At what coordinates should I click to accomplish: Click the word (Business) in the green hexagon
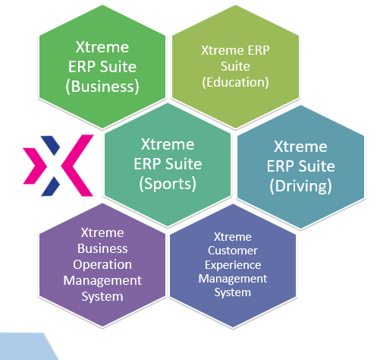[x=102, y=87]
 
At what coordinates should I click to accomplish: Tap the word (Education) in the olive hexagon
[x=235, y=82]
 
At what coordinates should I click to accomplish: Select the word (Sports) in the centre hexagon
[x=168, y=184]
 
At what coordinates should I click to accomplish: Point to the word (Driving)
[x=300, y=186]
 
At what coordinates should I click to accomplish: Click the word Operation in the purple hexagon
[x=102, y=265]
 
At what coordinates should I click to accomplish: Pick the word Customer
[x=233, y=251]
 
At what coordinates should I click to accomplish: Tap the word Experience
[x=233, y=265]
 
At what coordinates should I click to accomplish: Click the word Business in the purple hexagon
[x=102, y=248]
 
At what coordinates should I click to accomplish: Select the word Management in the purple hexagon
[x=102, y=280]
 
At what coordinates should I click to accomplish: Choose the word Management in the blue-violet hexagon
[x=233, y=279]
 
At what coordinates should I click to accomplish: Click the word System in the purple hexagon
[x=102, y=296]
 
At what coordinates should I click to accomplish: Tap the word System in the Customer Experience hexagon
[x=233, y=292]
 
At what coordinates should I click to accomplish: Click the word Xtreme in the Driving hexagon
[x=300, y=147]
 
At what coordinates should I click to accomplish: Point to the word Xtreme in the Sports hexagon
[x=168, y=144]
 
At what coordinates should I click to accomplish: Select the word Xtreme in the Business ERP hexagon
[x=102, y=47]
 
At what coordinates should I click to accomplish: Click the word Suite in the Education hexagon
[x=235, y=66]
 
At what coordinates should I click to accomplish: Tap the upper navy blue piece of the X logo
[x=51, y=145]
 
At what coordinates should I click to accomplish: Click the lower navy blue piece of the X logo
[x=51, y=187]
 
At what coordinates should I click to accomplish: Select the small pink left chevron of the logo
[x=35, y=166]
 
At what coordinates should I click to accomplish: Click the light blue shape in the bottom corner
[x=25, y=347]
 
